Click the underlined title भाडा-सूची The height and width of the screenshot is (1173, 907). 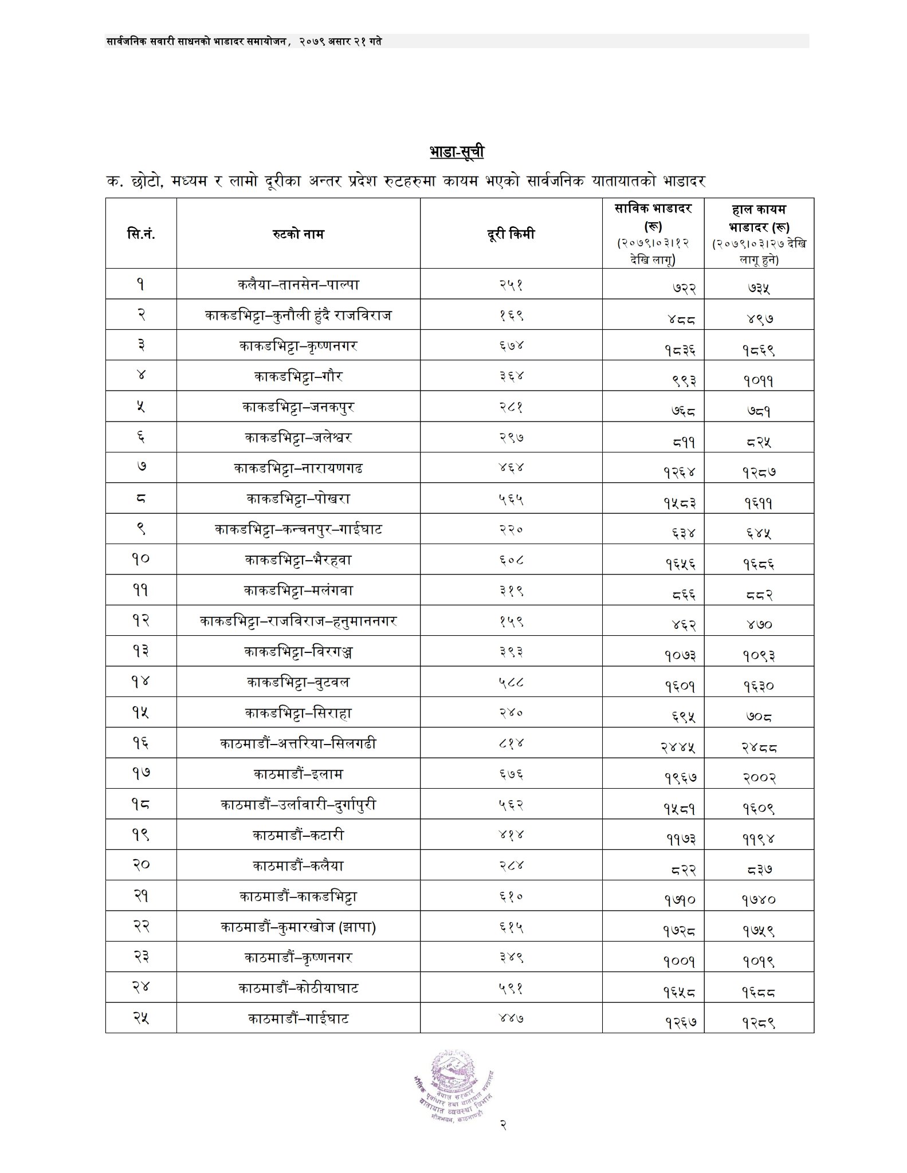tap(457, 152)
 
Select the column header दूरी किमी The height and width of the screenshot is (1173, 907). tap(510, 234)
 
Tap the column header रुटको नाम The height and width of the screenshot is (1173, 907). tap(298, 234)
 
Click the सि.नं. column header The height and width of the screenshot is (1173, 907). tap(141, 234)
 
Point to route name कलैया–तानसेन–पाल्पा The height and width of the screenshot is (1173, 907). tap(298, 284)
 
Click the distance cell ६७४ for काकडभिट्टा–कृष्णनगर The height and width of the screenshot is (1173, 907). tap(511, 345)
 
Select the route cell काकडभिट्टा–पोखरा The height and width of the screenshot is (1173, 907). tap(298, 499)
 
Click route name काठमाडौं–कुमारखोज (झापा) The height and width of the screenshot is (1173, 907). tap(298, 927)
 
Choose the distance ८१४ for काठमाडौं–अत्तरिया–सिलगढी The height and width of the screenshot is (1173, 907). tap(511, 743)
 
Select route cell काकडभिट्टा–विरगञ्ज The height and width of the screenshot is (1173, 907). tap(298, 652)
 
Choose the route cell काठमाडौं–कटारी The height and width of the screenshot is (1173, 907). tap(298, 835)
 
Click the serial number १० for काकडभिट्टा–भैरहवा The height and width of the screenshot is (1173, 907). tap(141, 560)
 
